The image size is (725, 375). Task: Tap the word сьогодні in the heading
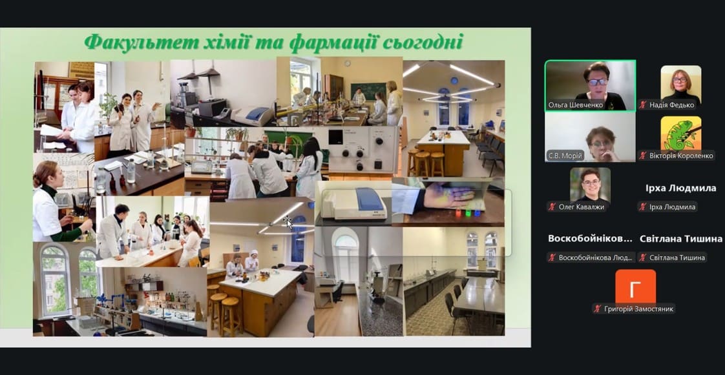click(422, 43)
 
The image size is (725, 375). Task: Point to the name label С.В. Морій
click(565, 156)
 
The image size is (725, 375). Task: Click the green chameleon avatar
click(680, 133)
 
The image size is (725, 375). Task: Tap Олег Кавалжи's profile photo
click(590, 184)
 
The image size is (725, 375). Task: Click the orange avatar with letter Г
click(635, 287)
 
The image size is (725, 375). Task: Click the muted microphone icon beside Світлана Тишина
click(642, 258)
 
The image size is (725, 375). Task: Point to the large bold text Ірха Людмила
click(680, 188)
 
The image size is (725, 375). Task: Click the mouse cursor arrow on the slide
click(289, 223)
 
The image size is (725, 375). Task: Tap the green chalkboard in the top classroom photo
click(368, 90)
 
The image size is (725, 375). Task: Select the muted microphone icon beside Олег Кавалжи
click(552, 207)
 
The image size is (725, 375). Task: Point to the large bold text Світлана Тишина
click(680, 239)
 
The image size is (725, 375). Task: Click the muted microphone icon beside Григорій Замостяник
click(597, 309)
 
